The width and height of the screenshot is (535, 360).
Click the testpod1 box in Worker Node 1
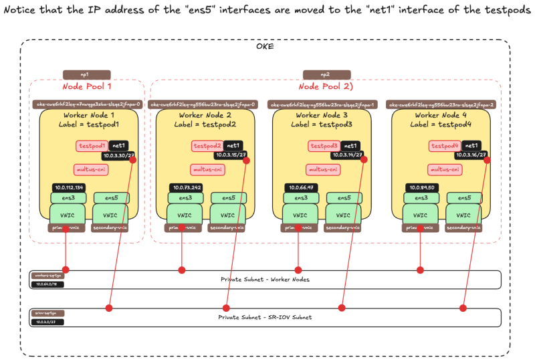(x=92, y=145)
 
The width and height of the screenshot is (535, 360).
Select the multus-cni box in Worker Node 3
(x=323, y=170)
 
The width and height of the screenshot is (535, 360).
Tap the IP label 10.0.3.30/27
(x=118, y=155)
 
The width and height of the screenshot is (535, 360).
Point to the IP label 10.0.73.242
(x=187, y=188)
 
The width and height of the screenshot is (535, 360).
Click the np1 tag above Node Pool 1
(x=86, y=75)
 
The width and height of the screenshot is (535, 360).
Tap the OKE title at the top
(x=265, y=46)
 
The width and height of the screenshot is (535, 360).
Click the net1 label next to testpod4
(x=471, y=145)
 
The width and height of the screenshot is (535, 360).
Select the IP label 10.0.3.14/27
(x=348, y=155)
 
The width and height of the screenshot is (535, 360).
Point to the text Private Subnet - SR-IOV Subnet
(x=265, y=317)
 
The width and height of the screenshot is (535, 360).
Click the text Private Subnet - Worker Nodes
(x=265, y=279)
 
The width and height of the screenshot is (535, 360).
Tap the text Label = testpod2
(x=205, y=124)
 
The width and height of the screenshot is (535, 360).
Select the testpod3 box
(x=324, y=145)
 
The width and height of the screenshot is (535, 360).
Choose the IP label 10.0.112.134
(x=70, y=188)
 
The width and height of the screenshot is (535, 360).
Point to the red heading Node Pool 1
(x=86, y=87)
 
